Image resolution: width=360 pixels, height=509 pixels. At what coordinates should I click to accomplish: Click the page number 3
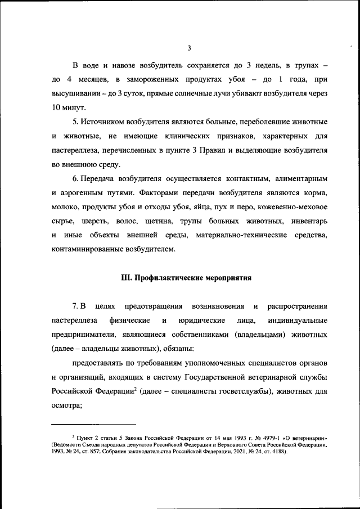click(x=190, y=47)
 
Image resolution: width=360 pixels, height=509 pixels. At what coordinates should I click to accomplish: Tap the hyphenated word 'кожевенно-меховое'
click(x=292, y=206)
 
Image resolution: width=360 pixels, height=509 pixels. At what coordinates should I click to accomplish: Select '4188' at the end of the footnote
click(x=277, y=451)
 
